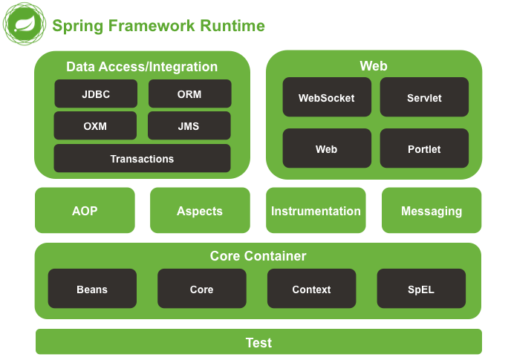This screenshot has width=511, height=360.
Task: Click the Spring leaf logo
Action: [23, 25]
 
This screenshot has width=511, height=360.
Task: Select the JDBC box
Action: [96, 94]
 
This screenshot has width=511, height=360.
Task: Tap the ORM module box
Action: [189, 94]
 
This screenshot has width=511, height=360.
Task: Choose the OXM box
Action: [95, 126]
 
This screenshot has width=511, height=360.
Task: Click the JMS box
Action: [189, 126]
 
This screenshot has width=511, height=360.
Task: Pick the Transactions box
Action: [142, 159]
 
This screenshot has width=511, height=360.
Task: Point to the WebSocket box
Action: [327, 97]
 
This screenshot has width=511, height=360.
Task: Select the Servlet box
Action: [424, 97]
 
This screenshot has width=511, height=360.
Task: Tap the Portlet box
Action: [424, 148]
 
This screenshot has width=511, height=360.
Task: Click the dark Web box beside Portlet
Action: [327, 148]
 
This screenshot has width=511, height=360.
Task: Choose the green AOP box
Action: [85, 211]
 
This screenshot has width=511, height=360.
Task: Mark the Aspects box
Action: [200, 211]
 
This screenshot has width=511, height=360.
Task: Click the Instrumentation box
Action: [316, 211]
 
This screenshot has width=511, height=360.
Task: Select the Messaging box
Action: [432, 211]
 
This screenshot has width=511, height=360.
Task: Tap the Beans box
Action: [92, 289]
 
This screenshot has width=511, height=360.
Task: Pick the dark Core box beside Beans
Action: [201, 289]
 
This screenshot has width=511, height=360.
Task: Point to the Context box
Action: [311, 289]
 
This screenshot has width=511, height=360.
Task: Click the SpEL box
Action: [421, 289]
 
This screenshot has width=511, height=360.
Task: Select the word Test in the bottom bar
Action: [258, 342]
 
